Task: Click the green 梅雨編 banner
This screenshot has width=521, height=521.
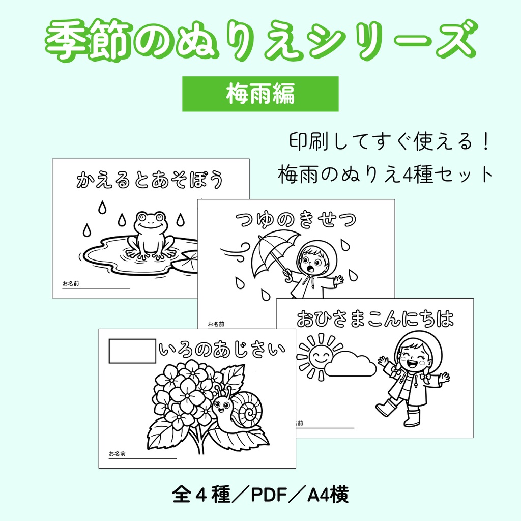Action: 260,94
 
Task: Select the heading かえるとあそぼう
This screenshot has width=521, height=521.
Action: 150,180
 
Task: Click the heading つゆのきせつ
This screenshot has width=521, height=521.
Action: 296,220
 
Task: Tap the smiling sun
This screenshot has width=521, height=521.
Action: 320,356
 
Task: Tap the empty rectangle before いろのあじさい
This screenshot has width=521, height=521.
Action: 133,351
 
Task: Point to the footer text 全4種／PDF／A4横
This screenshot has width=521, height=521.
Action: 260,494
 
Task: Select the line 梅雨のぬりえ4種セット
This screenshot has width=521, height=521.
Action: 386,175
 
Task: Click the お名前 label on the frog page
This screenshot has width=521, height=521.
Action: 71,283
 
